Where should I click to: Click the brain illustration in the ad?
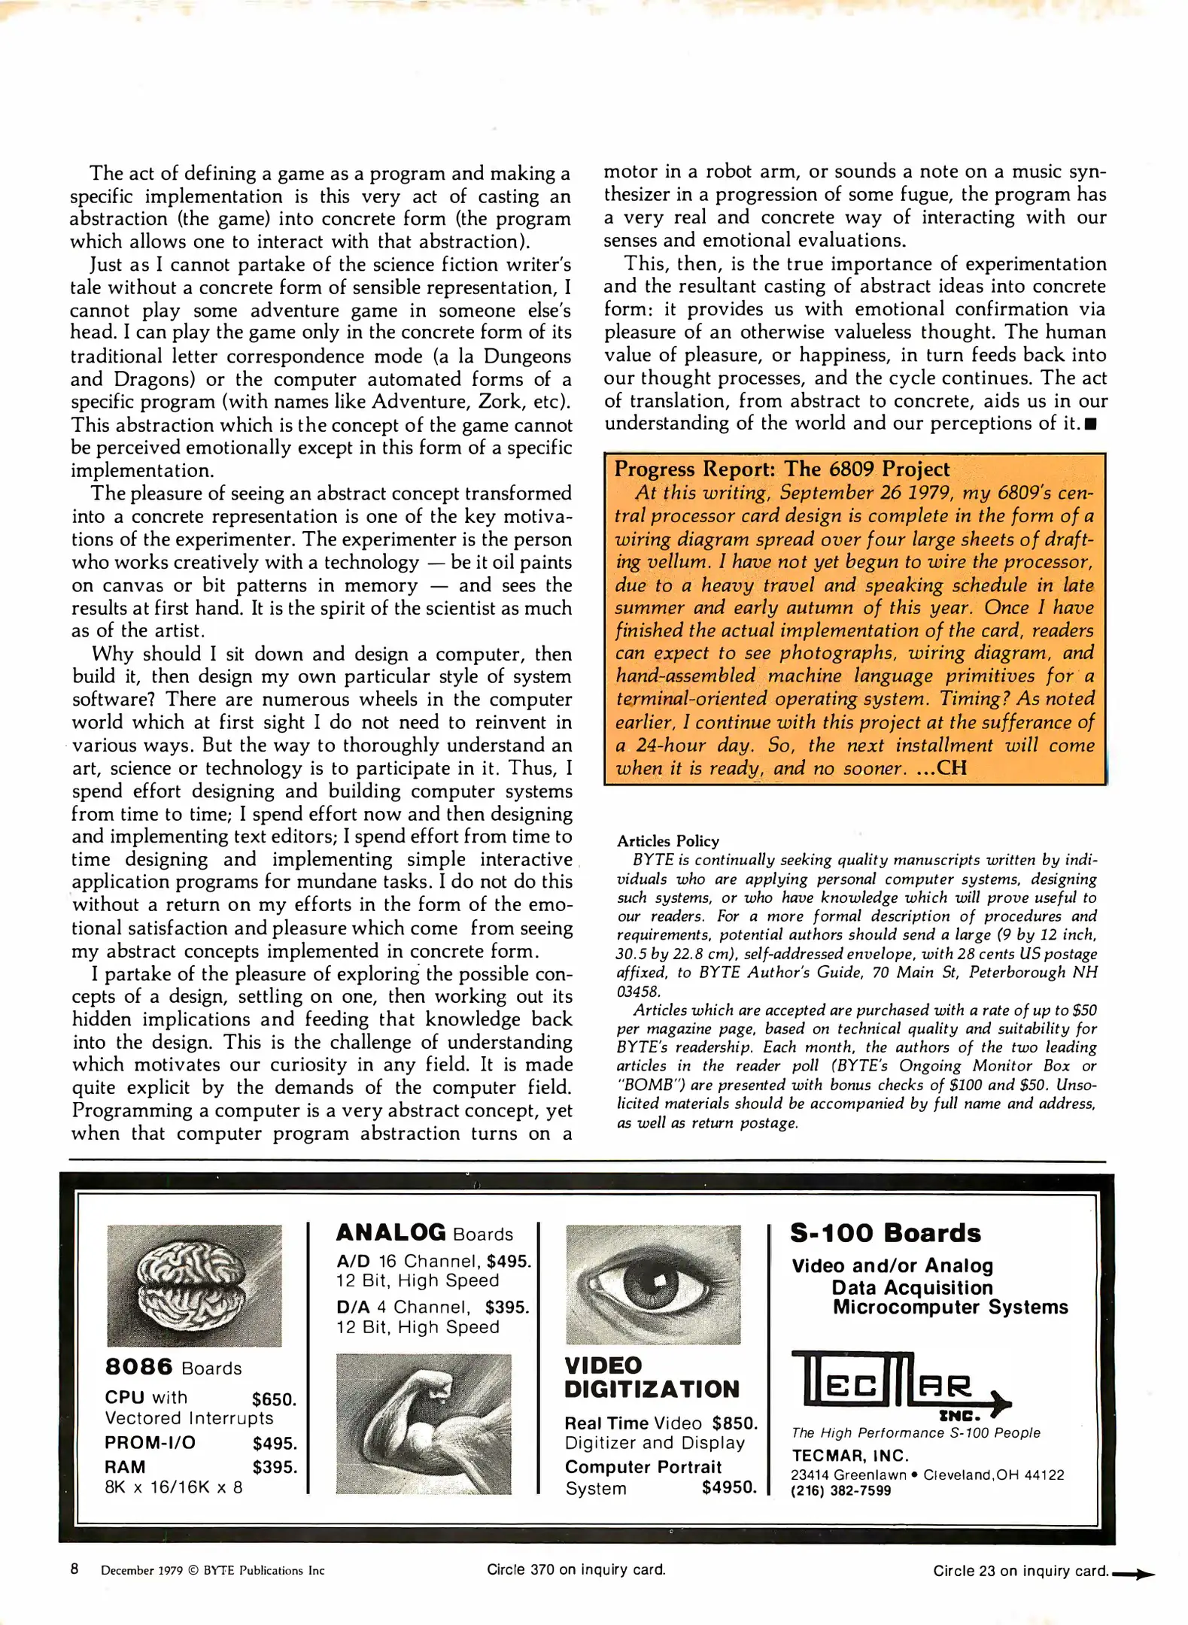click(x=194, y=1285)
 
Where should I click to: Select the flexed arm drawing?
click(x=423, y=1423)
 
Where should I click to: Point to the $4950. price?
click(x=728, y=1487)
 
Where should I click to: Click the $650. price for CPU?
click(x=274, y=1399)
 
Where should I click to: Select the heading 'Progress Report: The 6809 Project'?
click(x=782, y=469)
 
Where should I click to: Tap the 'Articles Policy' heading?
click(x=667, y=841)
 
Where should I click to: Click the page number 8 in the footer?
click(x=74, y=1569)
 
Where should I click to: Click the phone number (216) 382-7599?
click(x=840, y=1490)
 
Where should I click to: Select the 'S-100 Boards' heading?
click(x=885, y=1233)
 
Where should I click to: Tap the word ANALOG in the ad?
click(x=390, y=1232)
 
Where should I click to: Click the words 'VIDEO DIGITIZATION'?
click(x=651, y=1377)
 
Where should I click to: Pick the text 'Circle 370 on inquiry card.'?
click(x=576, y=1569)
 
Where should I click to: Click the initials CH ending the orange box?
click(x=951, y=768)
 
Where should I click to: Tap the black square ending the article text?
click(x=1091, y=424)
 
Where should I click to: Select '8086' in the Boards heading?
click(x=138, y=1367)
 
